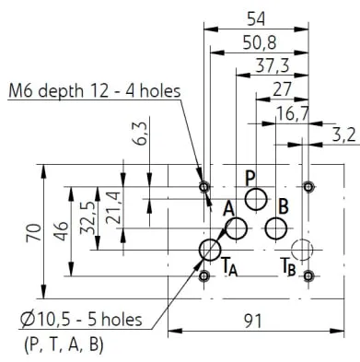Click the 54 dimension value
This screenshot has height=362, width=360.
[256, 19]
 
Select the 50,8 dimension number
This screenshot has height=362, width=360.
[260, 43]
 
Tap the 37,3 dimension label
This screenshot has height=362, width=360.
[273, 65]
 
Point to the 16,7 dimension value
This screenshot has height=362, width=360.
[292, 114]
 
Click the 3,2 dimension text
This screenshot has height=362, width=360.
[343, 135]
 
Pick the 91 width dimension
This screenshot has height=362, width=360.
[253, 321]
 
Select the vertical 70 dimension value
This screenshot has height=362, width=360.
[34, 232]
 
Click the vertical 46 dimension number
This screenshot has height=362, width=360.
[63, 230]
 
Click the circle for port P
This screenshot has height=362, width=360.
[256, 199]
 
